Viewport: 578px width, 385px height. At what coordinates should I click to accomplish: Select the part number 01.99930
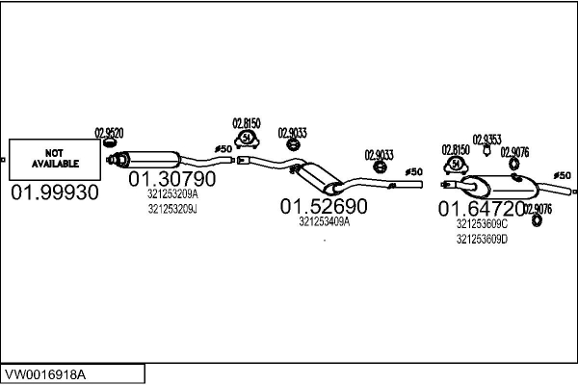pyautogui.click(x=55, y=192)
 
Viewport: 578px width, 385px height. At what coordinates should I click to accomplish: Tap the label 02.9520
pyautogui.click(x=109, y=133)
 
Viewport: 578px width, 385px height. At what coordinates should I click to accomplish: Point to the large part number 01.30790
pyautogui.click(x=172, y=179)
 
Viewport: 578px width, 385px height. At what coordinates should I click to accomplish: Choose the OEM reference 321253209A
pyautogui.click(x=172, y=193)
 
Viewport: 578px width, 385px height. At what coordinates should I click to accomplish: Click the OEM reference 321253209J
pyautogui.click(x=172, y=209)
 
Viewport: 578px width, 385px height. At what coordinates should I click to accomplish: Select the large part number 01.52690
pyautogui.click(x=324, y=206)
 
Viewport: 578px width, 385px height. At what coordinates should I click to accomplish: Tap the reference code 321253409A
pyautogui.click(x=325, y=221)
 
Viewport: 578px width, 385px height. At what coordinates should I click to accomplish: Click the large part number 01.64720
pyautogui.click(x=481, y=209)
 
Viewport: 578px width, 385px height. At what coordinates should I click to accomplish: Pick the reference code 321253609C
pyautogui.click(x=483, y=223)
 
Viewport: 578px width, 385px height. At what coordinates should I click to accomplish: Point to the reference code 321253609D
pyautogui.click(x=483, y=240)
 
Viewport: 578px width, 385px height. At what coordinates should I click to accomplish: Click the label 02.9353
pyautogui.click(x=486, y=140)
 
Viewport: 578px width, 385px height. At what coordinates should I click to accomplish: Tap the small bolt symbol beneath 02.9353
pyautogui.click(x=486, y=150)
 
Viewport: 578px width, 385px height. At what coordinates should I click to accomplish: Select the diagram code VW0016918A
pyautogui.click(x=45, y=375)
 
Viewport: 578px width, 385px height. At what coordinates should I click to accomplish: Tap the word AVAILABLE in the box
pyautogui.click(x=55, y=164)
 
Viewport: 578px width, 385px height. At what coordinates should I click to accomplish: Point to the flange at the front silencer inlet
pyautogui.click(x=110, y=160)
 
